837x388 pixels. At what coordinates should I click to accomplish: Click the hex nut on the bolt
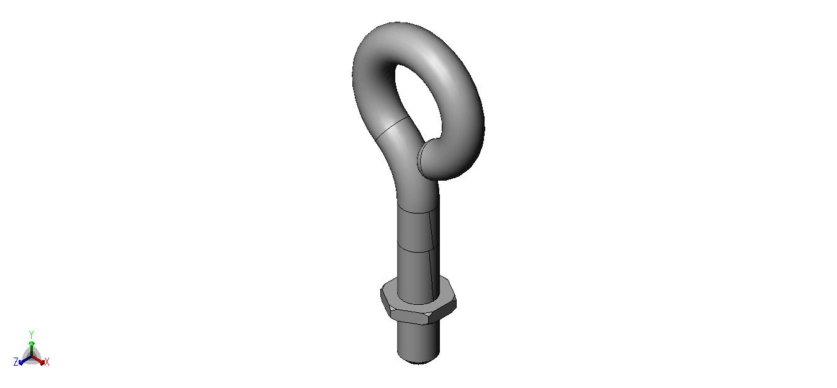tap(418, 307)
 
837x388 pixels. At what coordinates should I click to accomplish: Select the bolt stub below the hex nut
tap(418, 342)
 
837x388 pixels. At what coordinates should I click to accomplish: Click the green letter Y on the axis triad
tap(32, 334)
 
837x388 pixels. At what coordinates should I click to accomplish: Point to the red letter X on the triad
tap(47, 362)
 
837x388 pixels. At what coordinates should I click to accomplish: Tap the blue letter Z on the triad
tap(16, 362)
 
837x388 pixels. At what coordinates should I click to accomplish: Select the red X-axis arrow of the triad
tap(38, 360)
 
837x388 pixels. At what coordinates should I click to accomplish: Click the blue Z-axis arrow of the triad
tap(25, 360)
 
